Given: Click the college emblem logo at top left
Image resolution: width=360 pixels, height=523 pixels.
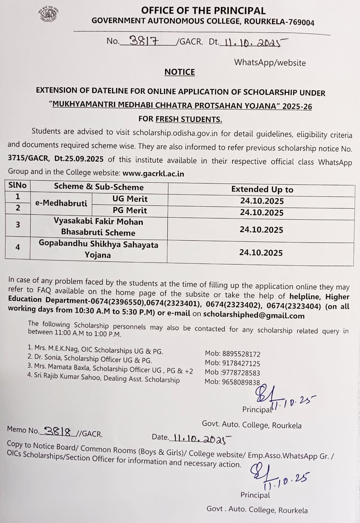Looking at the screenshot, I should [x=48, y=14].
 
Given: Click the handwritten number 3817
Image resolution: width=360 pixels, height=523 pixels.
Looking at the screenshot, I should [x=144, y=41].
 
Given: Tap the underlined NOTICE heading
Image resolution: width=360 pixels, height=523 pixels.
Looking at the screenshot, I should [x=180, y=72].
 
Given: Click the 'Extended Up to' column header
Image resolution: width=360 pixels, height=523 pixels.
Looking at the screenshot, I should [x=262, y=189].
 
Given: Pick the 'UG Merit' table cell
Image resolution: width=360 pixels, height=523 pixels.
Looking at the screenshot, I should [x=130, y=199].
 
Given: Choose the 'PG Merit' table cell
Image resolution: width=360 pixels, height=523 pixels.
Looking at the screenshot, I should [x=130, y=210].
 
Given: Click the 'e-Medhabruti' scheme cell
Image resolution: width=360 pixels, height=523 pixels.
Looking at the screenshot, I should [x=61, y=203].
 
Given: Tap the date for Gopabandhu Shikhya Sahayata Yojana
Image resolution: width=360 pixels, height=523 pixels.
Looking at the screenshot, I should [x=261, y=253].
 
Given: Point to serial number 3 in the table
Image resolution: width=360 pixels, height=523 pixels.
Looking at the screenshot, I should [x=18, y=225].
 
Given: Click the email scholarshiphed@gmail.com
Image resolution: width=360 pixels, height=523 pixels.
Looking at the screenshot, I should [x=254, y=315].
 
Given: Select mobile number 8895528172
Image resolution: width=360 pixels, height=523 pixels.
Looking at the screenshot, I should [x=241, y=354].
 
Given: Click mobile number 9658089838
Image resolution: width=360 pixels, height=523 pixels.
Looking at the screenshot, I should [x=241, y=381].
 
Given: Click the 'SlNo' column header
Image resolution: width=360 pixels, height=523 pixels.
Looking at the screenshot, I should [x=18, y=185].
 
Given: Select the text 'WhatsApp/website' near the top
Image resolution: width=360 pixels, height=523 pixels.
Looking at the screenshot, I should [x=270, y=63].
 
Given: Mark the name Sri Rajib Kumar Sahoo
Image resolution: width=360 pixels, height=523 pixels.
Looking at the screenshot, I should [x=68, y=377].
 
